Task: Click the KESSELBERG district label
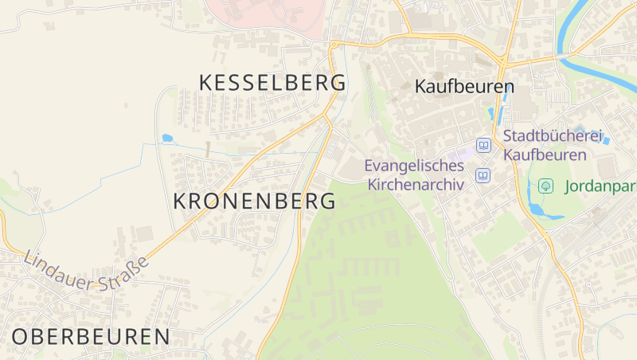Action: pos(272,83)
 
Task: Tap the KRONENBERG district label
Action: pos(254,202)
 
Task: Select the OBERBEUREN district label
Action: pos(91,336)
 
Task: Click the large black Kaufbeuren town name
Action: pos(465,87)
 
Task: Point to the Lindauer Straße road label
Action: pos(86,272)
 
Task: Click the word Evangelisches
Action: pos(414,166)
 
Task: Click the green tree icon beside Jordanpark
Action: pos(546,186)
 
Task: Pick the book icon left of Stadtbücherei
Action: pos(483,146)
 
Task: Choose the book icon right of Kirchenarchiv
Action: pos(483,176)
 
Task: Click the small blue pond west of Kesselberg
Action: pos(167,139)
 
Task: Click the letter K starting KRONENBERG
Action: pos(181,202)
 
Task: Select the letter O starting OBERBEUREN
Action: pos(21,336)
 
